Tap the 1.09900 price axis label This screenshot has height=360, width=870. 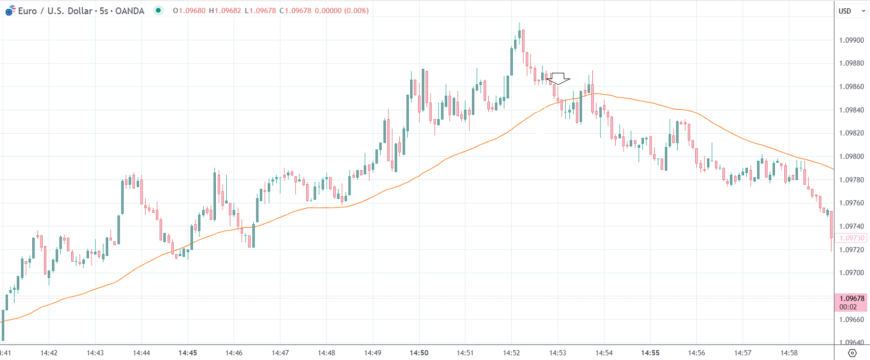point(851,40)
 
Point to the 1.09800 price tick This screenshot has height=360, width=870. point(851,157)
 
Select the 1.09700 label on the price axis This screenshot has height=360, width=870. point(851,273)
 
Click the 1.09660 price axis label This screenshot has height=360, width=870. point(851,319)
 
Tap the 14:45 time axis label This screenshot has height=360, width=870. point(188,353)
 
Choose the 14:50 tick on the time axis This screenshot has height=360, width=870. point(419,353)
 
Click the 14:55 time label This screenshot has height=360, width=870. point(650,353)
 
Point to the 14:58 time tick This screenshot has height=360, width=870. point(789,353)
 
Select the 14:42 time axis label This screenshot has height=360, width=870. point(49,353)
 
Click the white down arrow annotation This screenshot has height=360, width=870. point(558,79)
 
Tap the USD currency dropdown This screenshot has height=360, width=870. point(851,11)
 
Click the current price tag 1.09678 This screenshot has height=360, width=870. point(851,299)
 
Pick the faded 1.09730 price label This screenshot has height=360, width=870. point(851,238)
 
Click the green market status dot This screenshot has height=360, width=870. point(158,10)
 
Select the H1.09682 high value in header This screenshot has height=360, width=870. point(225,10)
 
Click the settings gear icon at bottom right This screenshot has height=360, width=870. point(852,353)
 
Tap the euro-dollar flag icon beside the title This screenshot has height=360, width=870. point(10,10)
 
